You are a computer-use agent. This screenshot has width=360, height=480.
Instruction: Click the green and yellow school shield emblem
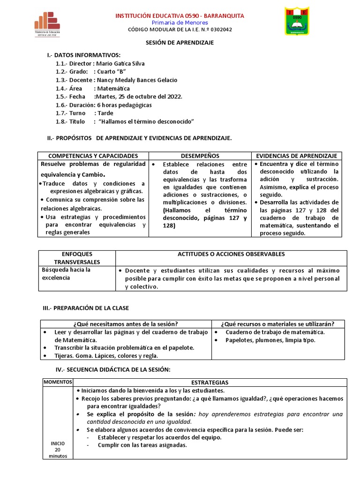297,21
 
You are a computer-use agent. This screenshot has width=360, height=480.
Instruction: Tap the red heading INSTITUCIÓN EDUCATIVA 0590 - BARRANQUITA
180,16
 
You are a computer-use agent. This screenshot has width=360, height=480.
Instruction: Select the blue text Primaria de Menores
180,22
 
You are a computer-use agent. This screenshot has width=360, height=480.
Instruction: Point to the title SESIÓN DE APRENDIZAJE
180,43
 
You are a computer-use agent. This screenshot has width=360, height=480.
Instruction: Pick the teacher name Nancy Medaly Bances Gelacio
137,80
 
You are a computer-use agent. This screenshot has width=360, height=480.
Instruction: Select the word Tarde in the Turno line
105,113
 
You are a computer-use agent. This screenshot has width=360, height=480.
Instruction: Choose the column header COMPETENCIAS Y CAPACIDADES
93,156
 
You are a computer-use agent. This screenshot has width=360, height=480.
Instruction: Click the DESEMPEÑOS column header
200,156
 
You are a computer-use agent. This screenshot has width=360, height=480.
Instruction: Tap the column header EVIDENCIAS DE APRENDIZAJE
297,156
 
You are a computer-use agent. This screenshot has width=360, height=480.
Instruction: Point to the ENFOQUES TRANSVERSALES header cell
77,258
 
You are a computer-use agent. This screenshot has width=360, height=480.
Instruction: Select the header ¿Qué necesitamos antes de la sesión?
125,324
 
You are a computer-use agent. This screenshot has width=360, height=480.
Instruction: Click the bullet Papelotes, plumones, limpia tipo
270,340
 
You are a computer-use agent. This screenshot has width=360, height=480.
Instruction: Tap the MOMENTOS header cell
57,382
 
